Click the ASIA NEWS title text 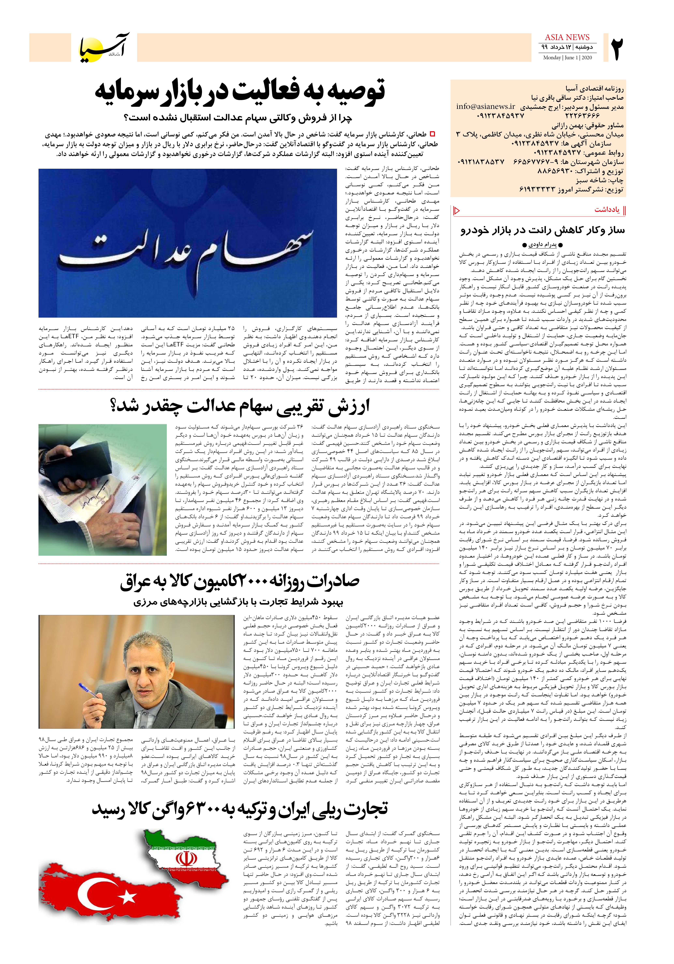(x=567, y=37)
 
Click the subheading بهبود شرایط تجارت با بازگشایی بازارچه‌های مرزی (x=238, y=602)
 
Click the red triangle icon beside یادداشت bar (x=457, y=210)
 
